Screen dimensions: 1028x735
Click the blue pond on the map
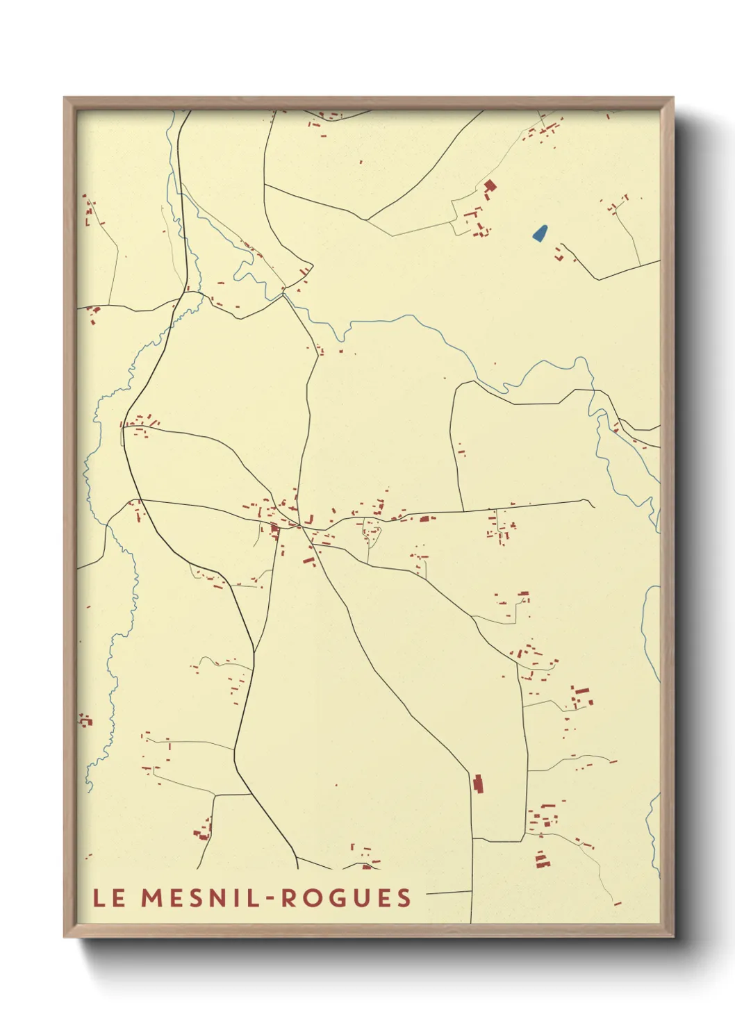[540, 233]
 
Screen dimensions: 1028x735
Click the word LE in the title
[109, 897]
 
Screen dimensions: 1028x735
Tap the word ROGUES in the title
[346, 897]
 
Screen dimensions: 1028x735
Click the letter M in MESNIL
[151, 897]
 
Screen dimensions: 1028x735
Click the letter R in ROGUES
[288, 897]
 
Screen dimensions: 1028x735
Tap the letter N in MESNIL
[222, 897]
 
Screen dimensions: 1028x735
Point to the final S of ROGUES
[404, 897]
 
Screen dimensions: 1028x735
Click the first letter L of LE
[99, 897]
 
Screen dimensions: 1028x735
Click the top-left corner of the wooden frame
[65, 98]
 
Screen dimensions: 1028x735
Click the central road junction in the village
[299, 527]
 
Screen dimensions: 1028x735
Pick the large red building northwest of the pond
[490, 185]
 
